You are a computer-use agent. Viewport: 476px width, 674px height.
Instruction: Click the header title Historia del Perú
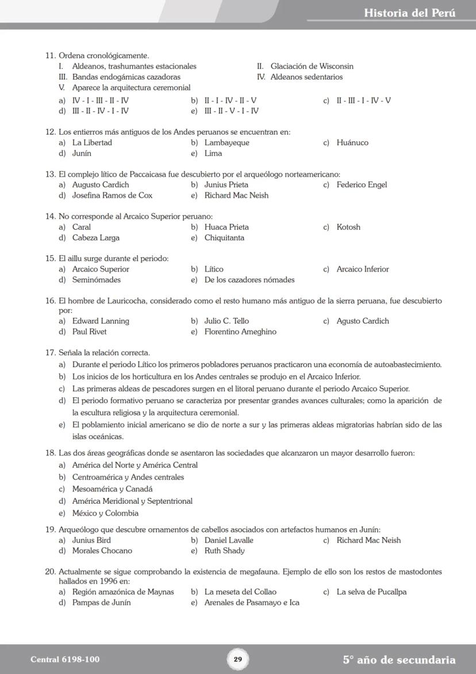click(x=409, y=13)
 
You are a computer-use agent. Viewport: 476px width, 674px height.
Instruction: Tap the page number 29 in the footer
click(x=238, y=660)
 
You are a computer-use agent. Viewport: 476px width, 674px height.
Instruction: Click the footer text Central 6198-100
click(x=61, y=660)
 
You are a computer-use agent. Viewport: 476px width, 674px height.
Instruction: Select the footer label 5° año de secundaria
click(x=399, y=660)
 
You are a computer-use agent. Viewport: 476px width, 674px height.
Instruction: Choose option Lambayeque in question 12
click(x=227, y=143)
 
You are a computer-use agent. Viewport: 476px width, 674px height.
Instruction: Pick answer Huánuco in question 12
click(x=352, y=143)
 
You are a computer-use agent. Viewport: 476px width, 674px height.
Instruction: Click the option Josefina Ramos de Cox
click(x=112, y=196)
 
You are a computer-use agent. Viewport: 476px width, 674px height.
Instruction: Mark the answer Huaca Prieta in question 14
click(x=227, y=227)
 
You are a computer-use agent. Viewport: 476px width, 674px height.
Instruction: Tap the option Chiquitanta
click(x=224, y=238)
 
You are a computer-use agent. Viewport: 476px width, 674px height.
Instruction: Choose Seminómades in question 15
click(x=97, y=280)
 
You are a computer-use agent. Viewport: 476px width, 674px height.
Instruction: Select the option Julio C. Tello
click(x=227, y=321)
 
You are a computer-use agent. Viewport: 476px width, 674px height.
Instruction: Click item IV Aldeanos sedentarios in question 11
click(x=306, y=77)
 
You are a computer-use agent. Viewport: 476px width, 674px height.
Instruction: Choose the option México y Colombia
click(x=105, y=513)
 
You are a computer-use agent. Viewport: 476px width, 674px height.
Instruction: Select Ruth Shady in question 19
click(x=224, y=551)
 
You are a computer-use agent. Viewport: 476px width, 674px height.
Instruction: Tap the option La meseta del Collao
click(x=240, y=592)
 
